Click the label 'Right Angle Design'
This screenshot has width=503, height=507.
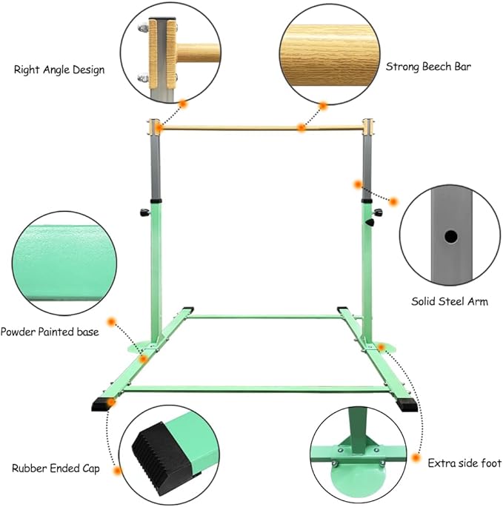59,70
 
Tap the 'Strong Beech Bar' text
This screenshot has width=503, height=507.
428,67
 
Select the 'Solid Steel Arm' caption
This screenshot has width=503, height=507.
450,301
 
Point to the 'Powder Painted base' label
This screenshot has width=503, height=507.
50,332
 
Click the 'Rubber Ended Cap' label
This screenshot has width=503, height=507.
56,469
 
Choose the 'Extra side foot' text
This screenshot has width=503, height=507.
464,463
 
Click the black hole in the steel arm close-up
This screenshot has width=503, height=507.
450,237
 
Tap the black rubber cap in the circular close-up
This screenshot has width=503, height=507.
159,456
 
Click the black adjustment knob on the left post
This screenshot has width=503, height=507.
144,212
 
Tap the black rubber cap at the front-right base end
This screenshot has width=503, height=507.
407,405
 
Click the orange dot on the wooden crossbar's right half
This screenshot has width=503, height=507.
302,128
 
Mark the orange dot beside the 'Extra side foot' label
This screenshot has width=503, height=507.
416,458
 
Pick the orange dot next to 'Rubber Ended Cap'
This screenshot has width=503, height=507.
118,471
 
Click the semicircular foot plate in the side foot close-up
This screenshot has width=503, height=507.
358,473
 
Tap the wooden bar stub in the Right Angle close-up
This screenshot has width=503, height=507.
198,53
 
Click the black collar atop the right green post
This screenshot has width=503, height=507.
367,201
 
